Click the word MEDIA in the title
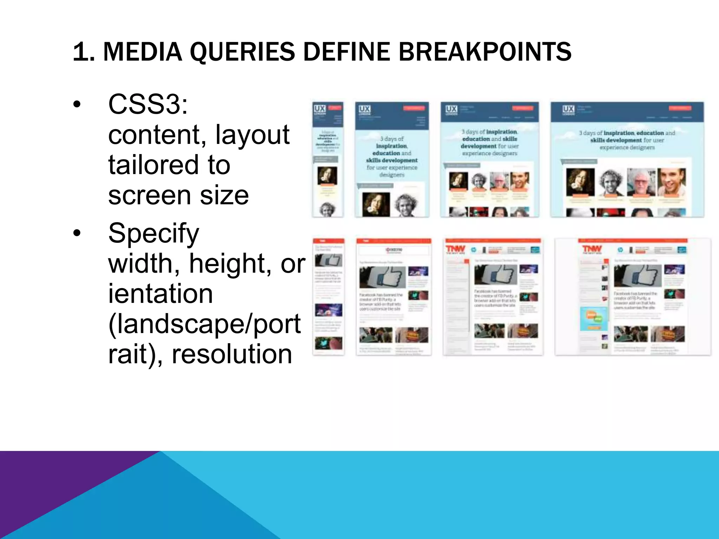pyautogui.click(x=143, y=52)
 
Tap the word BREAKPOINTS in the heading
pyautogui.click(x=485, y=52)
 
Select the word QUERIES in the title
pyautogui.click(x=242, y=52)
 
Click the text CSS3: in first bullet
pyautogui.click(x=148, y=104)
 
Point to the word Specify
pyautogui.click(x=153, y=233)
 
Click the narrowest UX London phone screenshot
pyautogui.click(x=328, y=160)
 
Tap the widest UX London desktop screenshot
pyautogui.click(x=627, y=160)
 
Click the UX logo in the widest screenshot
pyautogui.click(x=568, y=109)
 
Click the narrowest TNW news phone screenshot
pyautogui.click(x=329, y=297)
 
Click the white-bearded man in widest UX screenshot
pyautogui.click(x=641, y=182)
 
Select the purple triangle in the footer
pyautogui.click(x=53, y=484)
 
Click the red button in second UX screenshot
pyautogui.click(x=414, y=108)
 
